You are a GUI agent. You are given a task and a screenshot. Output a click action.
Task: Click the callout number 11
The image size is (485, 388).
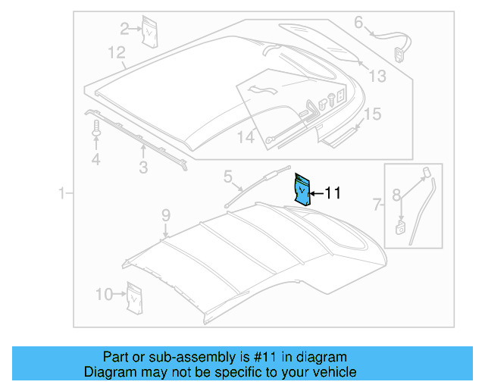333,194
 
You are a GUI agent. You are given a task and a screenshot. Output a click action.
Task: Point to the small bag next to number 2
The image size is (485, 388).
150,33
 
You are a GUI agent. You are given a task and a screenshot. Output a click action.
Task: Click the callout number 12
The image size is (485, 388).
115,52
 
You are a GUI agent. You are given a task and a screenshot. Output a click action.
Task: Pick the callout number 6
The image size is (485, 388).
358,22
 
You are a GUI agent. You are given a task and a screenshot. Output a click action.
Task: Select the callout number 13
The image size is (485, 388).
377,76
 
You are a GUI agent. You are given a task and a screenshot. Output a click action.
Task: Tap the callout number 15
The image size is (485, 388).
371,114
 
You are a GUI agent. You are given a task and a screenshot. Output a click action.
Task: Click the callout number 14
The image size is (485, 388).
246,137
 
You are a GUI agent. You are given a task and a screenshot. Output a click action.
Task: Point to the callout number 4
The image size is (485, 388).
95,159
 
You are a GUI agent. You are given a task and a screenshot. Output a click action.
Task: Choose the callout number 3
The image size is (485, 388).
142,167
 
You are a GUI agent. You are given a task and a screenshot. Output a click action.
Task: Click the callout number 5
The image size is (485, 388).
227,177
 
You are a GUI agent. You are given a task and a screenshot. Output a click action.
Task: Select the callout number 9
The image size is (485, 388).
166,217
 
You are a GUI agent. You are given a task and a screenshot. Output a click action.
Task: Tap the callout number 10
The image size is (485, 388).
104,293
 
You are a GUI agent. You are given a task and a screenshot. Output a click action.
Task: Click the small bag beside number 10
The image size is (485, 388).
134,297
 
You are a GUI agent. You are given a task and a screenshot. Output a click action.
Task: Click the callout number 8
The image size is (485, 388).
396,196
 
